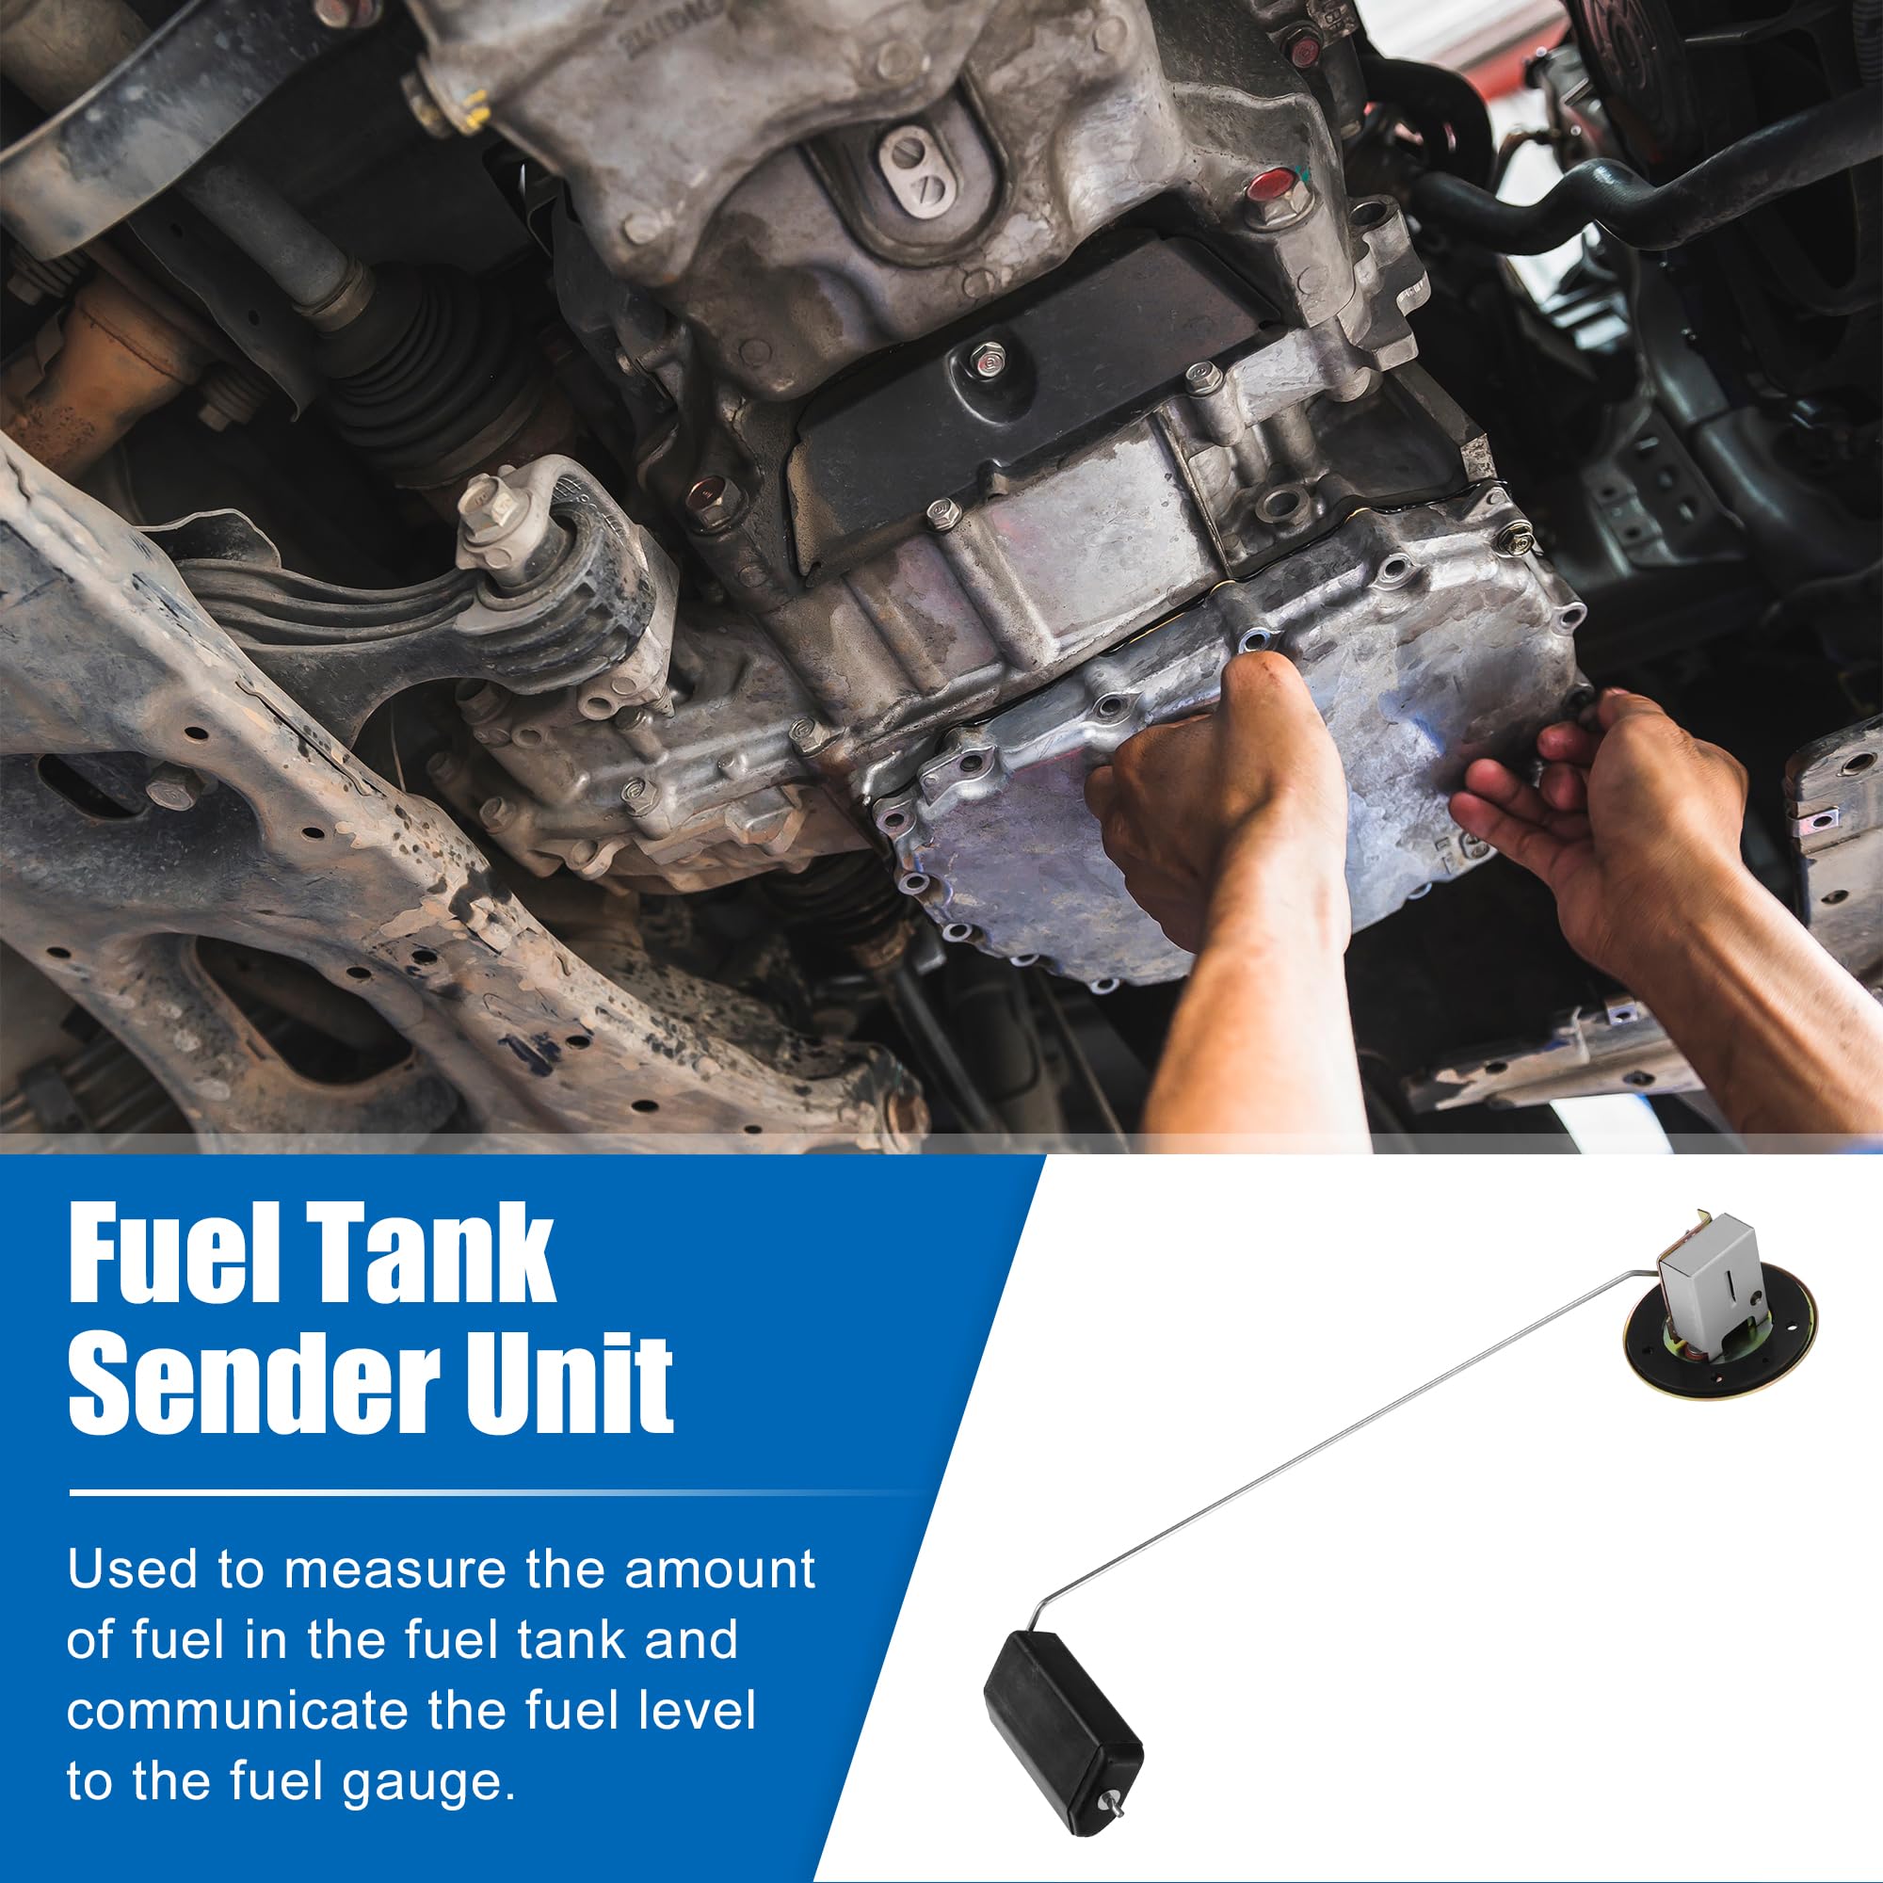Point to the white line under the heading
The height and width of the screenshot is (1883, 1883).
488,1492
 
